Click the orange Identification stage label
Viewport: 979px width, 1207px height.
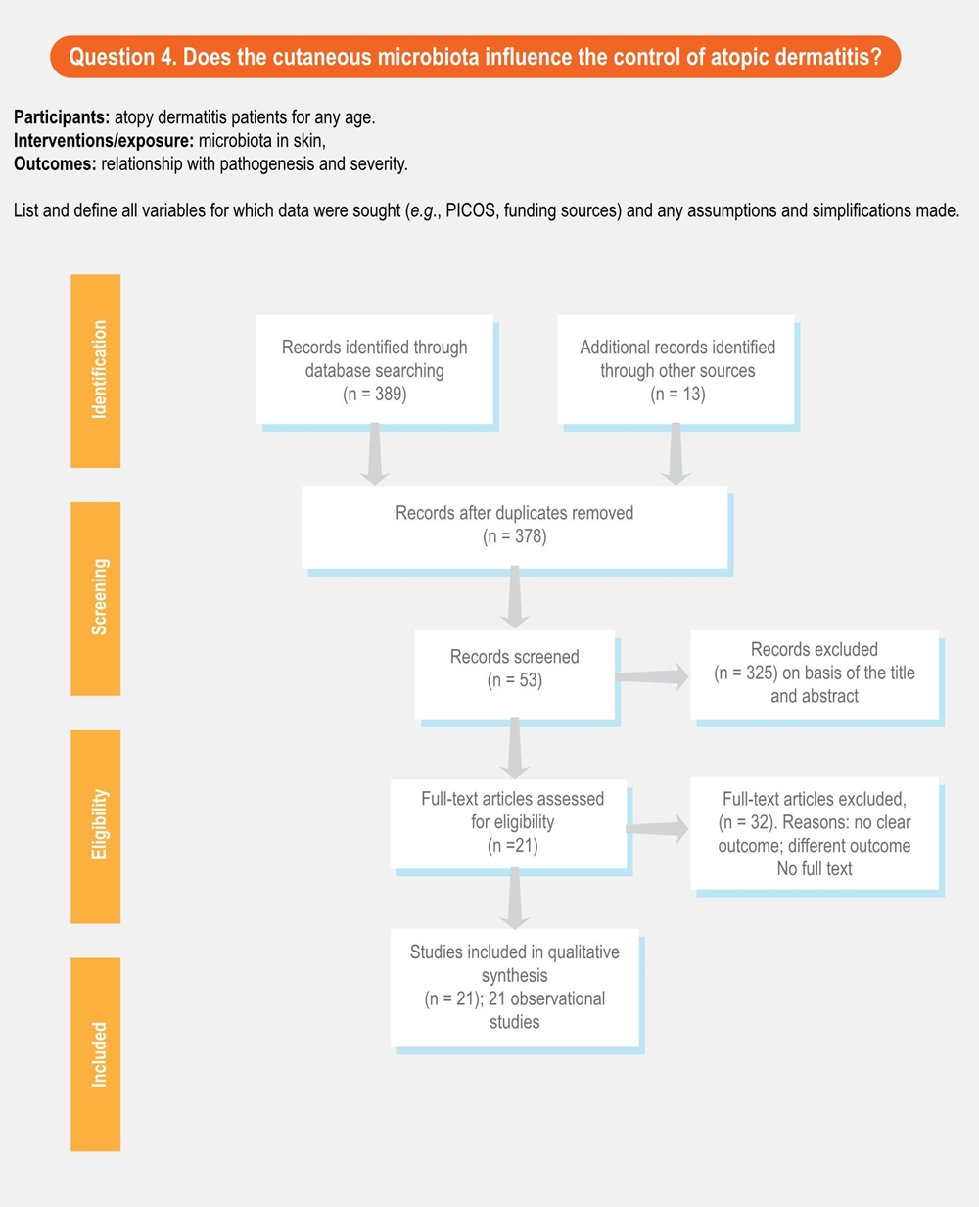point(96,371)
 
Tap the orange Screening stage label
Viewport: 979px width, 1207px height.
point(96,598)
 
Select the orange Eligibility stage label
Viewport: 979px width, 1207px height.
point(96,825)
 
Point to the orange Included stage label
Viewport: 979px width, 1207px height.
point(96,1053)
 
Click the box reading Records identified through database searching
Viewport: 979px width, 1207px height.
point(374,370)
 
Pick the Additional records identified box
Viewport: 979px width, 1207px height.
point(676,370)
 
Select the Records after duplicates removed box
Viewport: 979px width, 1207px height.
point(515,526)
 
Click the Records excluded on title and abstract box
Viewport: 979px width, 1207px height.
point(815,673)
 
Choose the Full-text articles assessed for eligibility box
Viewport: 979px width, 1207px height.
point(509,823)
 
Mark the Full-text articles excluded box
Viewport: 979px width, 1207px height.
point(815,833)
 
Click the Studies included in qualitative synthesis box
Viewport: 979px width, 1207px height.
point(515,987)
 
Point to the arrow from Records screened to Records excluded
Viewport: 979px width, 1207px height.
point(653,675)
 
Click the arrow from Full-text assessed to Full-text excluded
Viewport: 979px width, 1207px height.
point(658,828)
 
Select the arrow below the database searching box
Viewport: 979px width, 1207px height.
point(374,454)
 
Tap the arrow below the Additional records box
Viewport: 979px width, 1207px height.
point(675,454)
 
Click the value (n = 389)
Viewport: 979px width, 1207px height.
point(374,395)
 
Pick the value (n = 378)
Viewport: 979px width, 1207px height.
point(515,536)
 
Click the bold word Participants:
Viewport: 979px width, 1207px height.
point(62,117)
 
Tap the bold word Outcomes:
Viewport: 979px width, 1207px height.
point(55,164)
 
